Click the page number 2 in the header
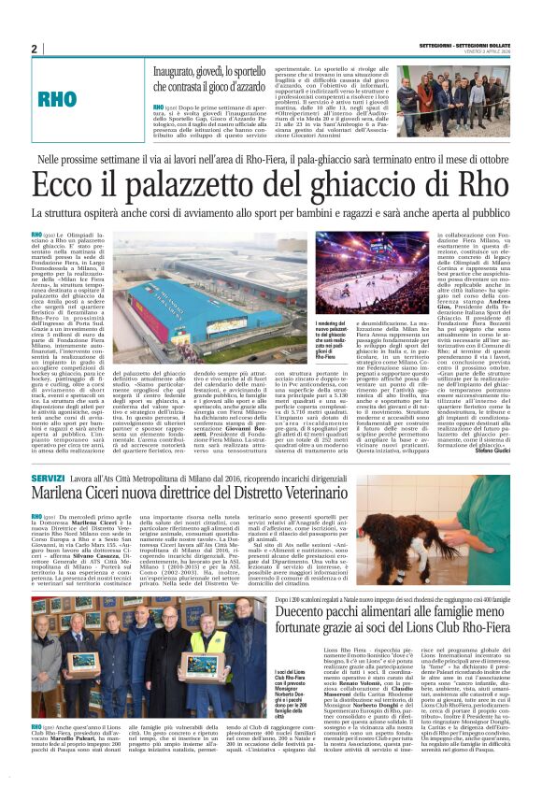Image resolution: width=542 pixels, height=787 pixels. tap(34, 49)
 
